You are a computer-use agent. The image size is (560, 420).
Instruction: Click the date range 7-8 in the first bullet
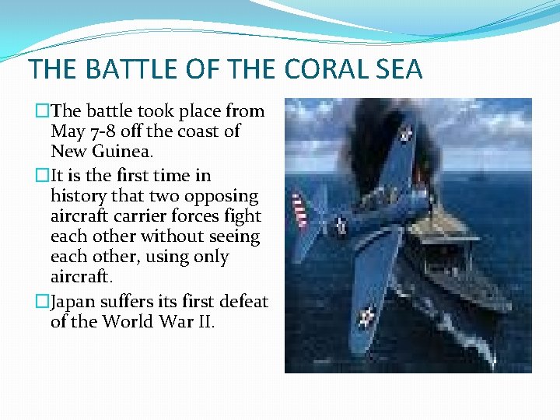(101, 131)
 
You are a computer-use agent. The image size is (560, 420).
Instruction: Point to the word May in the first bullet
(68, 131)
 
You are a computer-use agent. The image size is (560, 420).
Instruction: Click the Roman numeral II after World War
(203, 320)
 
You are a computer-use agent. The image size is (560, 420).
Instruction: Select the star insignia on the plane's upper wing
(404, 134)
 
